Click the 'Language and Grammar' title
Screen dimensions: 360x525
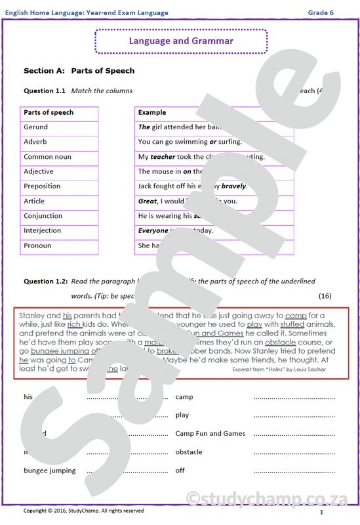(181, 41)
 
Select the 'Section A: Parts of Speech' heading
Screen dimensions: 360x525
(79, 70)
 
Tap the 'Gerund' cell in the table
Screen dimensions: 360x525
(35, 127)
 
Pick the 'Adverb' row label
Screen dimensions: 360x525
(35, 142)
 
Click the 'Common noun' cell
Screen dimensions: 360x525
(47, 157)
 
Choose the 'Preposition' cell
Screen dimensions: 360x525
(42, 186)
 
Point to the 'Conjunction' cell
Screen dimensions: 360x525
(43, 216)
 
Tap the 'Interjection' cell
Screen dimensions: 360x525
(42, 230)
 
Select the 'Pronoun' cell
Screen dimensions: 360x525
(37, 245)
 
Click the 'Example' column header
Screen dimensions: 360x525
(152, 112)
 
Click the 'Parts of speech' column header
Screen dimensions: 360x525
(49, 112)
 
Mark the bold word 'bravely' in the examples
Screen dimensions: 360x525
(233, 186)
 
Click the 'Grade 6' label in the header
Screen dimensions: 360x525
(321, 12)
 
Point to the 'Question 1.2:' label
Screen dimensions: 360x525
(46, 281)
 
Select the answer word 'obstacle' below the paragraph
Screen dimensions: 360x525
(189, 452)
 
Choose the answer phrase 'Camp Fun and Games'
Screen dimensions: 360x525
(210, 434)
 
